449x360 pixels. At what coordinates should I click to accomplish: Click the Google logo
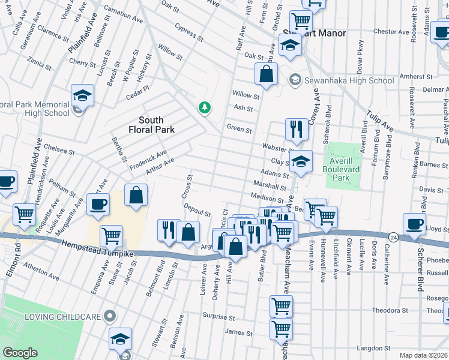pos(20,353)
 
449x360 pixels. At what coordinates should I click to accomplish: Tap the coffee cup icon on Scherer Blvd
pos(414,222)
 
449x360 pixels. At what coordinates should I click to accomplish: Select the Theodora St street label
pos(390,310)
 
